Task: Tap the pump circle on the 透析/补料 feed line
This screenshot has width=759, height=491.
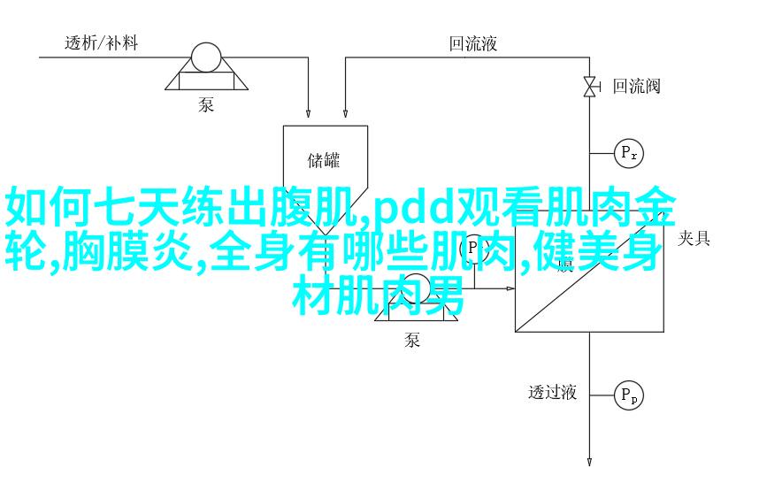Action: tap(206, 58)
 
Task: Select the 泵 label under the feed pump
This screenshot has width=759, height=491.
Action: tap(206, 104)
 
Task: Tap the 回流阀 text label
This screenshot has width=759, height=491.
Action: tap(637, 86)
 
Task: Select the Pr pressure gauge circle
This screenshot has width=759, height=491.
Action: tap(629, 153)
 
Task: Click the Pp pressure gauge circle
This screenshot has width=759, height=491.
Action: tap(629, 395)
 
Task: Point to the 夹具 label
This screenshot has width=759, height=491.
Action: tap(694, 237)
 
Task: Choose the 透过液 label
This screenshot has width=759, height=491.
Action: tap(553, 392)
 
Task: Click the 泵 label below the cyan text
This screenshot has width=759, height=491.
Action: tap(412, 341)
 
